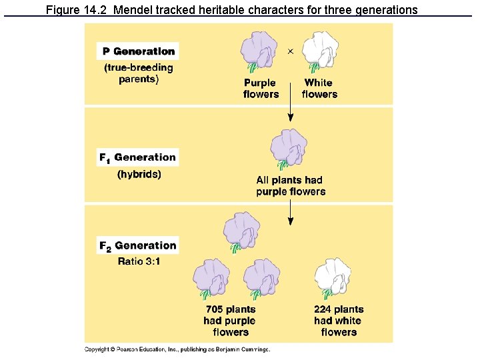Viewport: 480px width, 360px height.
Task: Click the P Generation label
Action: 139,51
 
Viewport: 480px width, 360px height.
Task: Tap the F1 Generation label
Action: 139,158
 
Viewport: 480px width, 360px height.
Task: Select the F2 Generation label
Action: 139,245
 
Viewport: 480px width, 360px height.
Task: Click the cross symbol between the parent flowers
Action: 290,51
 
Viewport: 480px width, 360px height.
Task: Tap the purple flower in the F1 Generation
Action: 289,151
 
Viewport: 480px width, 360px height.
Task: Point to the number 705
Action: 215,309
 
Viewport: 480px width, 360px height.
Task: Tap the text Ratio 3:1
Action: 139,261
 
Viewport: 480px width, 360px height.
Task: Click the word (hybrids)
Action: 139,175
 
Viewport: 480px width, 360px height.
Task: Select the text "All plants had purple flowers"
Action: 291,186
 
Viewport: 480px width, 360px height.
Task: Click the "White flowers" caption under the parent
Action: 319,89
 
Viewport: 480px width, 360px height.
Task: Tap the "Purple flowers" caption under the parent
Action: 261,89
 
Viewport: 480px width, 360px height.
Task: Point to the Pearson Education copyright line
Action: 177,349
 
